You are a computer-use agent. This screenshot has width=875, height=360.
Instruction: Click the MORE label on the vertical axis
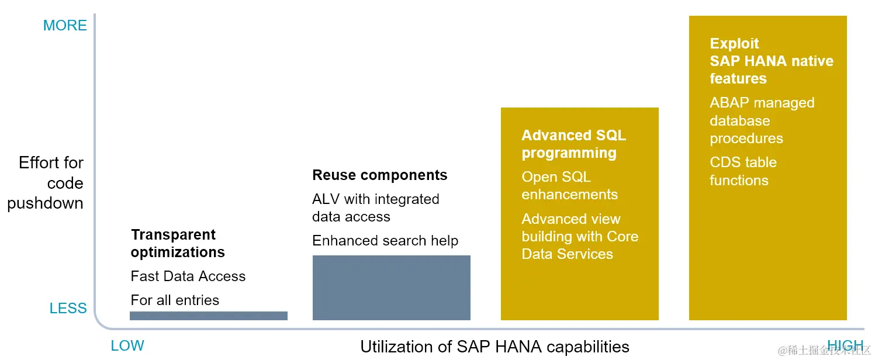(x=65, y=25)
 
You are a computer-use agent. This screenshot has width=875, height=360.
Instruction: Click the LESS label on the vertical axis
(x=68, y=308)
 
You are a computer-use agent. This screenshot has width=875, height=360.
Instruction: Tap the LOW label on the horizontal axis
(x=127, y=345)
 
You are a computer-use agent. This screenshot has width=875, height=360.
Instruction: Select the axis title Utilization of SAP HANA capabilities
(x=494, y=347)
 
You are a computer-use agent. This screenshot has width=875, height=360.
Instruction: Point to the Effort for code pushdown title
(x=46, y=183)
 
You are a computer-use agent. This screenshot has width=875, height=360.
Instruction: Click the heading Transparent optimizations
(x=178, y=243)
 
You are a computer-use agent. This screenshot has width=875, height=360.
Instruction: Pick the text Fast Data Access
(x=188, y=276)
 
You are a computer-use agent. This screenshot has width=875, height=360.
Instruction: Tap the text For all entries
(x=175, y=300)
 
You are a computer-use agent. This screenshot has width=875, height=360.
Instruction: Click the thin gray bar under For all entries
(x=209, y=316)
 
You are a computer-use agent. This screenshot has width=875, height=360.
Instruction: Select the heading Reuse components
(x=380, y=175)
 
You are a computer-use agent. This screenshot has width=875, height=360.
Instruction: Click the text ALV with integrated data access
(x=376, y=207)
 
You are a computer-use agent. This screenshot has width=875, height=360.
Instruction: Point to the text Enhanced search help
(x=385, y=241)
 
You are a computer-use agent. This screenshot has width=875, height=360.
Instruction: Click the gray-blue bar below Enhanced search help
(x=392, y=288)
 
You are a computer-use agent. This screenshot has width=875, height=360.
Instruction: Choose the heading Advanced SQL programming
(x=574, y=144)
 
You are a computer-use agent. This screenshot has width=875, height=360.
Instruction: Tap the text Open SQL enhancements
(x=569, y=185)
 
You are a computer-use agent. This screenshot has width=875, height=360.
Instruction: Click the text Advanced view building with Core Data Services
(x=580, y=236)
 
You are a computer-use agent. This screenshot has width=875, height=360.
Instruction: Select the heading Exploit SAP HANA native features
(x=772, y=61)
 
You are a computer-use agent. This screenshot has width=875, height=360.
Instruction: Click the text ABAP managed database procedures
(x=762, y=120)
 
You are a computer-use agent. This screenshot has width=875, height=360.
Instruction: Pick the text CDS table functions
(x=743, y=171)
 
